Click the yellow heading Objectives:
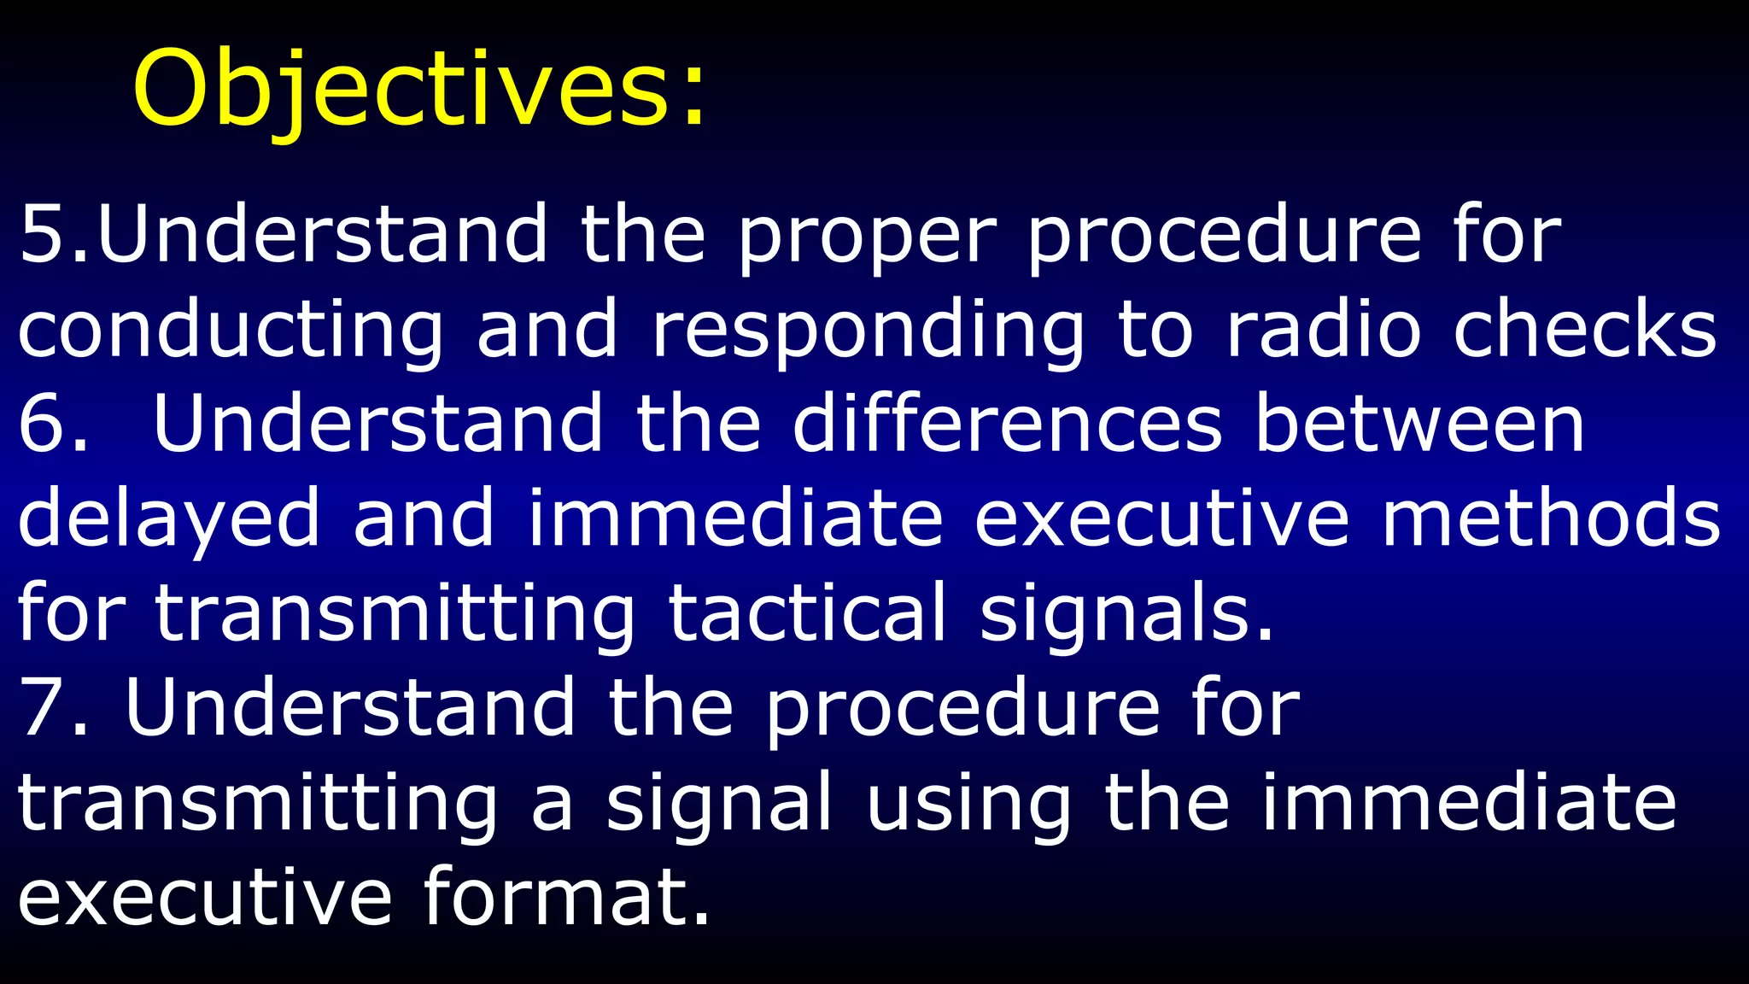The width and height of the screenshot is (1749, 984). click(x=418, y=90)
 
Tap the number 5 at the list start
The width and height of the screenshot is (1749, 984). click(x=43, y=234)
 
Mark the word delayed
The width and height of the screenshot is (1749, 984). click(x=168, y=520)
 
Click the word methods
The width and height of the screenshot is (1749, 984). click(x=1550, y=518)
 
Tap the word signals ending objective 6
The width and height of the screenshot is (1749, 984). click(x=1125, y=615)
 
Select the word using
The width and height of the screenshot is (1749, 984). click(x=968, y=805)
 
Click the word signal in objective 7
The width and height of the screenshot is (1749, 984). click(x=718, y=805)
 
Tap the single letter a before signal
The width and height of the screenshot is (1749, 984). click(x=552, y=807)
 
